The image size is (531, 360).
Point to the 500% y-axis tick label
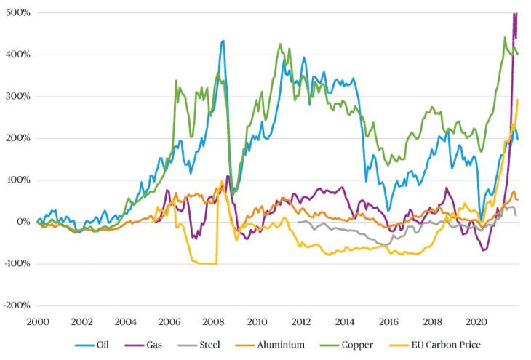tap(15, 12)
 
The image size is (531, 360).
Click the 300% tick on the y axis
tap(15, 96)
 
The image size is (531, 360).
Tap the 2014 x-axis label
tap(344, 319)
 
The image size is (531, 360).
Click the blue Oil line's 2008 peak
tap(223, 39)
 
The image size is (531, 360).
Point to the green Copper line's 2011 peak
tap(279, 43)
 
